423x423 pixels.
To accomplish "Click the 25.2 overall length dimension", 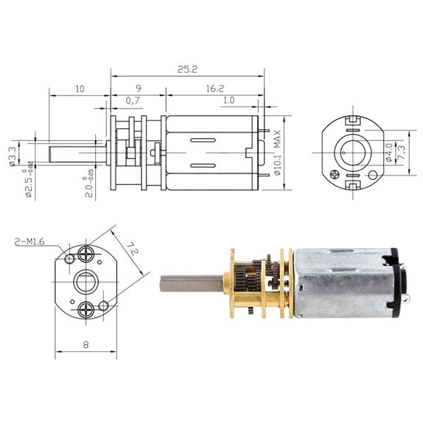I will coord(187,70).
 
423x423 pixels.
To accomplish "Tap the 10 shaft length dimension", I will coord(78,89).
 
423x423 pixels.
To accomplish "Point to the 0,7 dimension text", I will coord(133,102).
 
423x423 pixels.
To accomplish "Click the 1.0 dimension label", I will coord(228,102).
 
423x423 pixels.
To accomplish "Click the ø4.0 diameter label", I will coord(389,152).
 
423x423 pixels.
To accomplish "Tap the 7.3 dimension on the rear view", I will coord(401,152).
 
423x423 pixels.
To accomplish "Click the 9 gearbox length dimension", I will coord(137,89).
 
